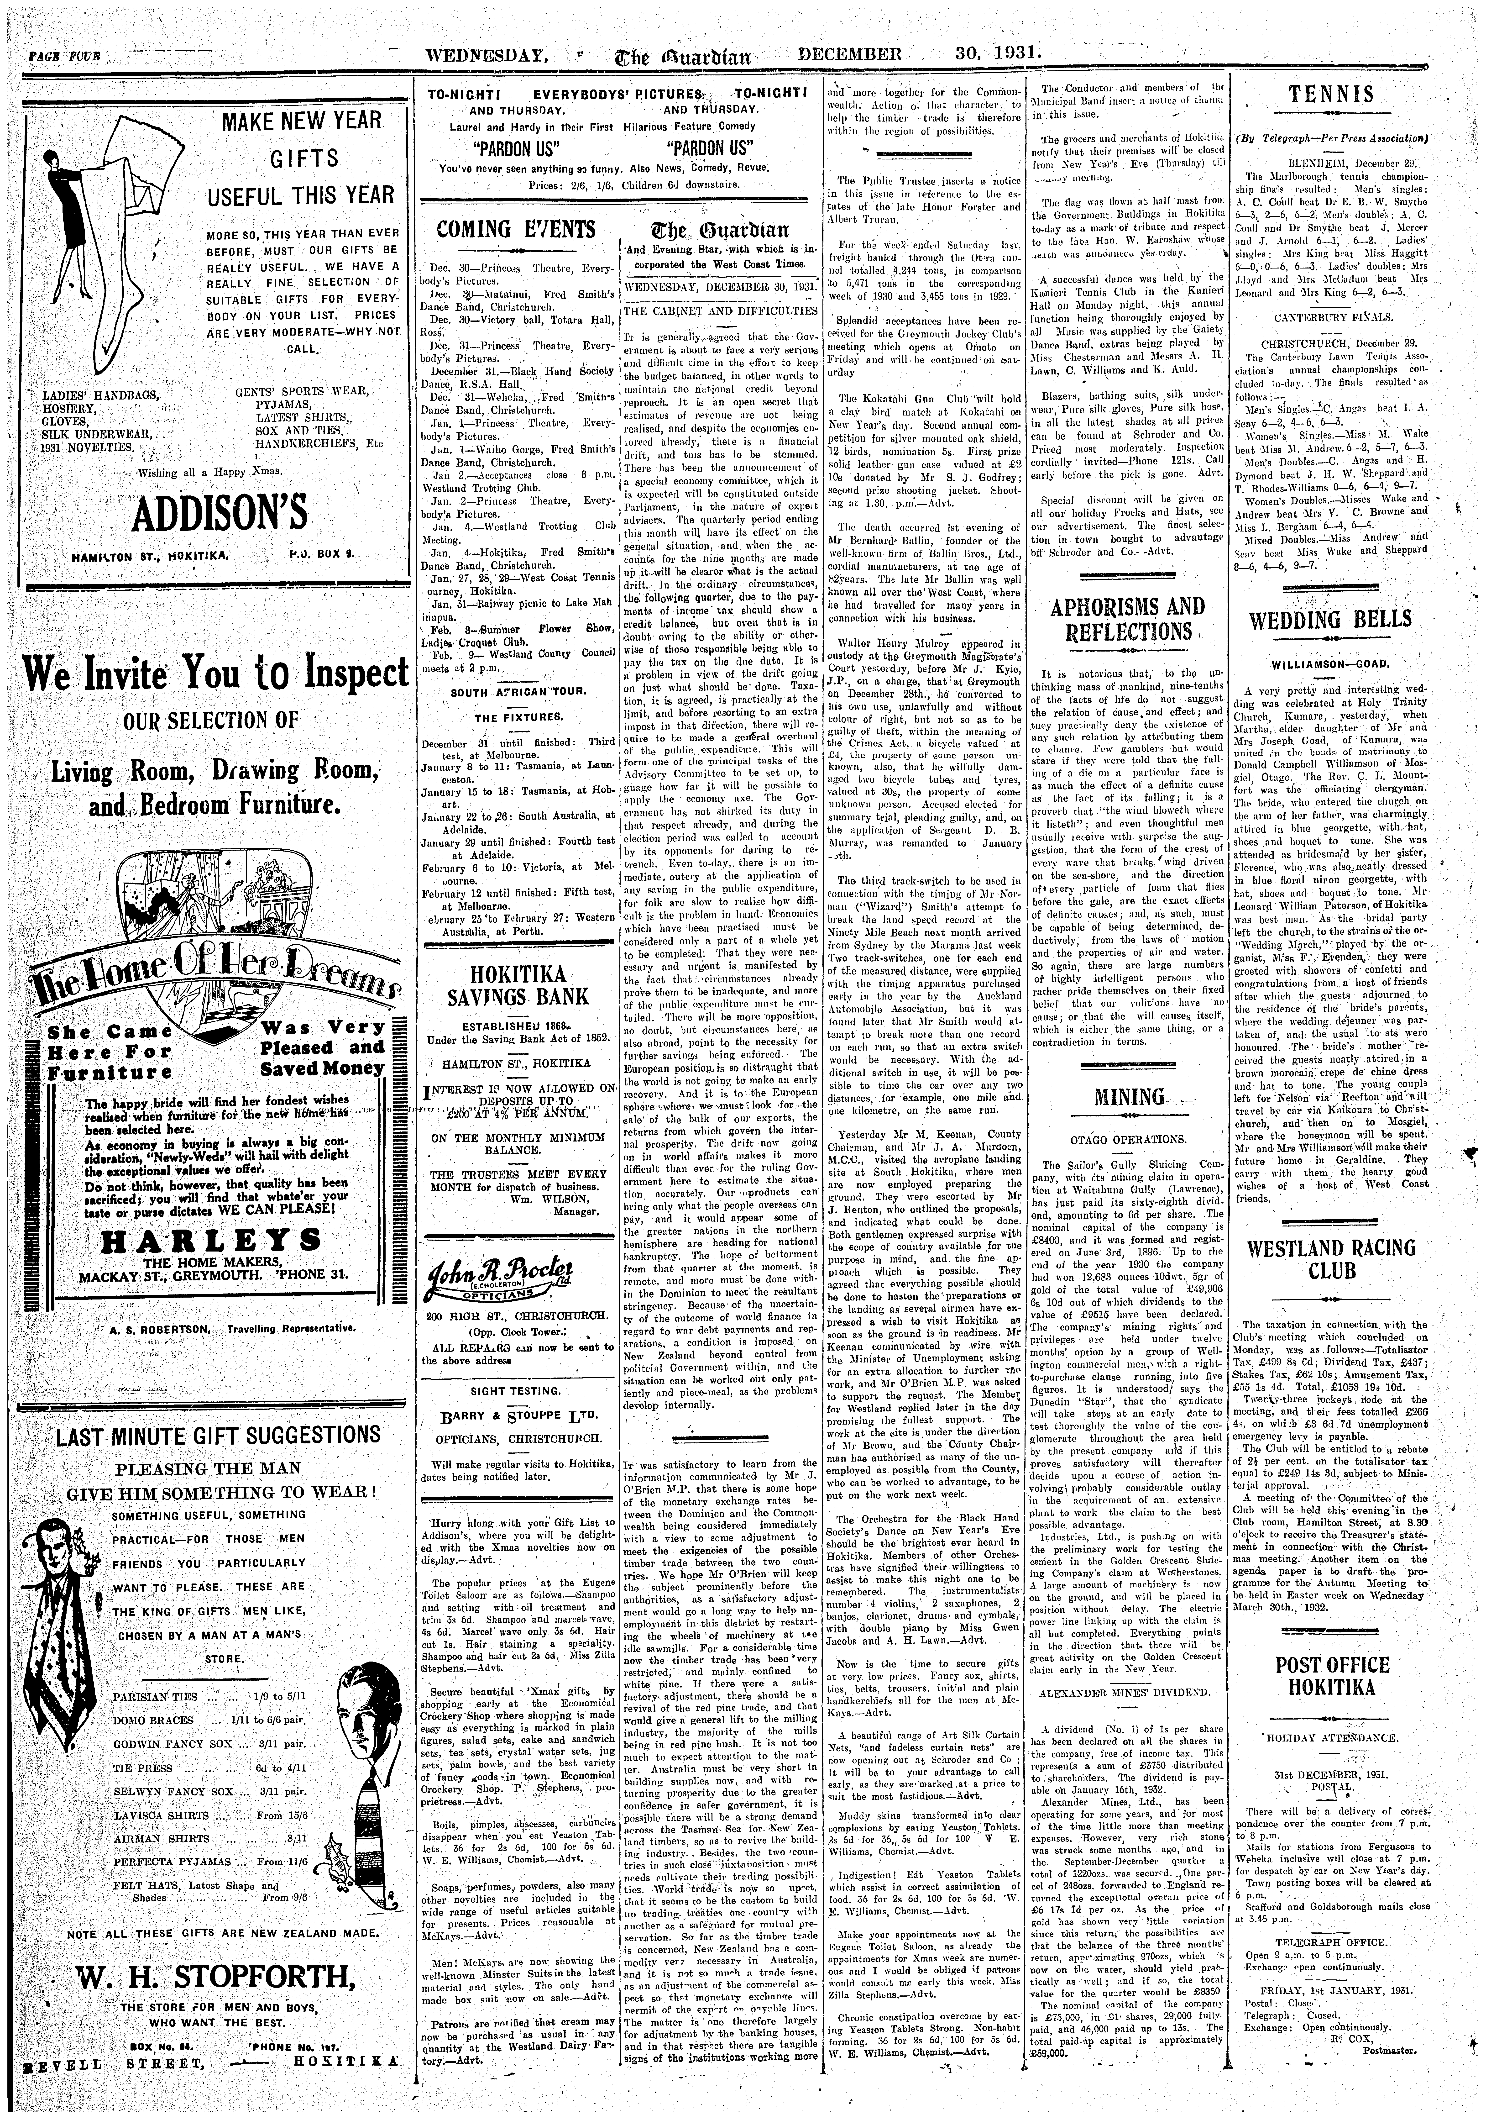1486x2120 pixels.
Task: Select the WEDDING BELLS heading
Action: point(1336,619)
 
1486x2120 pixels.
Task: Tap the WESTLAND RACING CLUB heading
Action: point(1336,1259)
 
